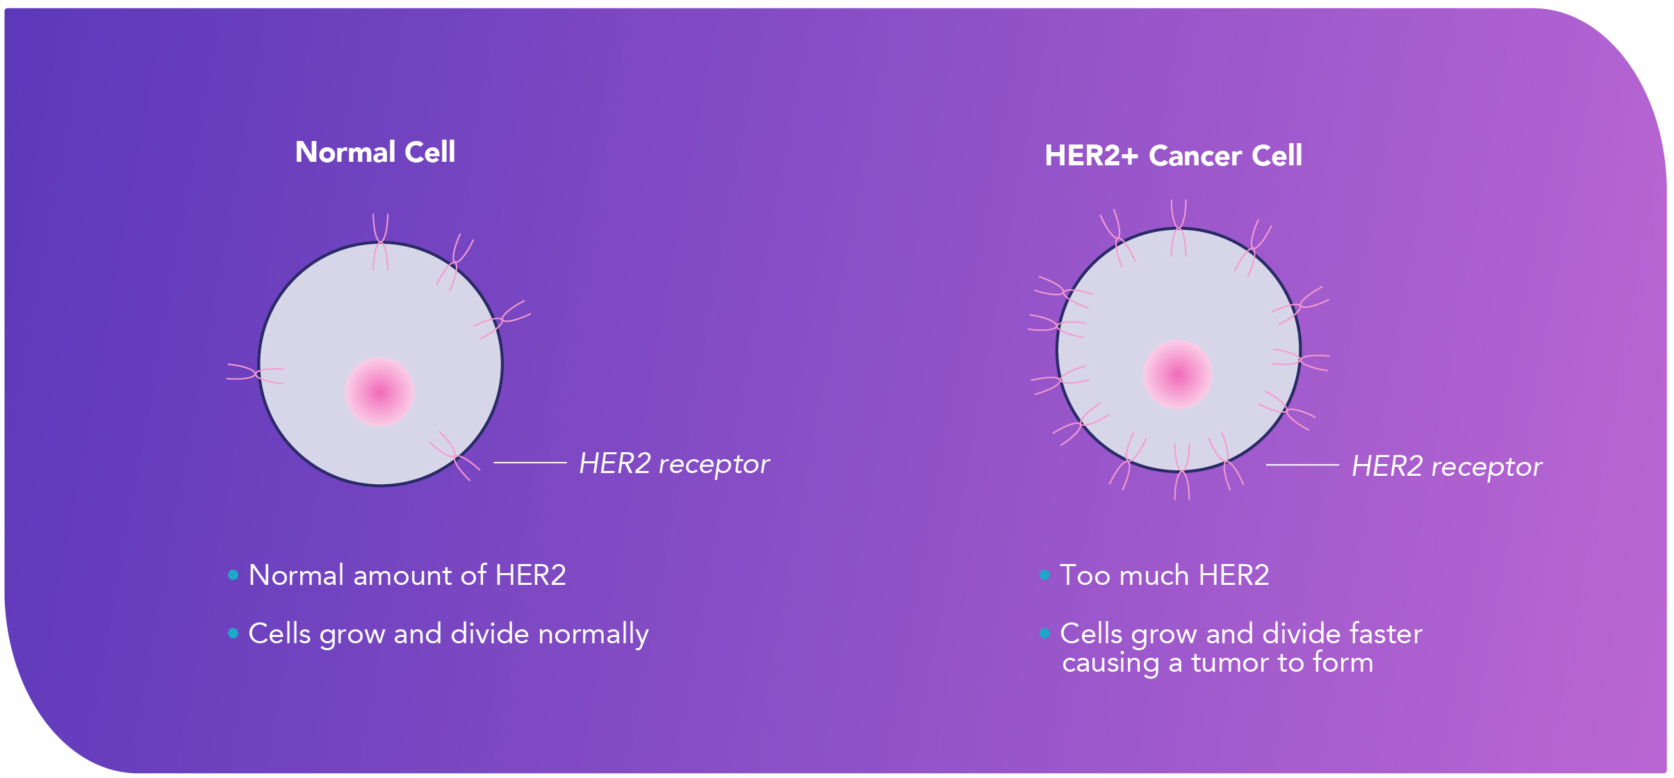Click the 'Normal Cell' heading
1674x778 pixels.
pyautogui.click(x=375, y=152)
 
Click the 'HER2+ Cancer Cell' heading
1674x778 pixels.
pyautogui.click(x=1173, y=156)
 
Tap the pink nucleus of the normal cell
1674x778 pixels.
pyautogui.click(x=379, y=392)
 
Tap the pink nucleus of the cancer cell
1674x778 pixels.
pyautogui.click(x=1177, y=374)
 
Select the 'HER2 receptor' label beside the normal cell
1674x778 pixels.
pyautogui.click(x=674, y=464)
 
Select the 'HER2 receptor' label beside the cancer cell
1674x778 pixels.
pyautogui.click(x=1446, y=467)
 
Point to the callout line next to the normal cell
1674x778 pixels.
pyautogui.click(x=530, y=462)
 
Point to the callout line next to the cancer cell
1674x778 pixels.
pyautogui.click(x=1302, y=465)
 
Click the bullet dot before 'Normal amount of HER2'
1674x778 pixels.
pyautogui.click(x=233, y=575)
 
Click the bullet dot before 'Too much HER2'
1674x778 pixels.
pyautogui.click(x=1044, y=575)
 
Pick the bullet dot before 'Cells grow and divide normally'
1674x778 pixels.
pyautogui.click(x=233, y=634)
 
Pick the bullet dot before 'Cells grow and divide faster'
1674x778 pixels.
pyautogui.click(x=1044, y=634)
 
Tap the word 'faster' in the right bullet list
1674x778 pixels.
pyautogui.click(x=1386, y=634)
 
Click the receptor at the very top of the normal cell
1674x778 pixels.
pyautogui.click(x=380, y=241)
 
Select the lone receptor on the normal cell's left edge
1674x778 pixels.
pyautogui.click(x=256, y=373)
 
